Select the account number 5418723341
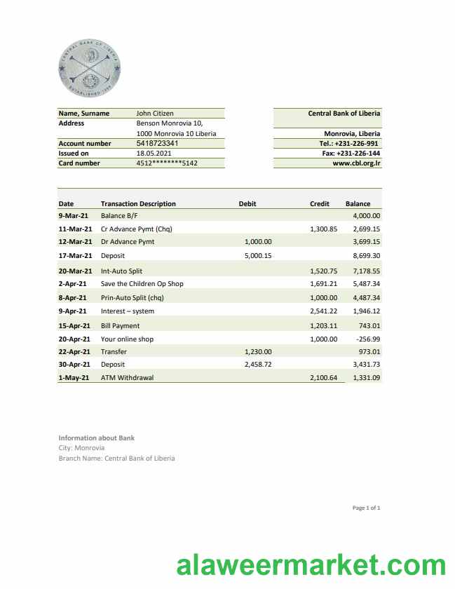157,143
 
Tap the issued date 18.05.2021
154,153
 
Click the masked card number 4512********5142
167,163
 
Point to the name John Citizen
155,113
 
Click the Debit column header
247,204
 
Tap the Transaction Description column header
138,204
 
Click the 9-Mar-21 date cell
73,216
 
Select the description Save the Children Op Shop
142,284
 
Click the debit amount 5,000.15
258,256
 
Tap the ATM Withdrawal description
127,377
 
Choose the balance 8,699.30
366,256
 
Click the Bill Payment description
120,325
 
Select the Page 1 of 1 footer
367,508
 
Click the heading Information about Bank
97,438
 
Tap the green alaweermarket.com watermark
311,565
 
